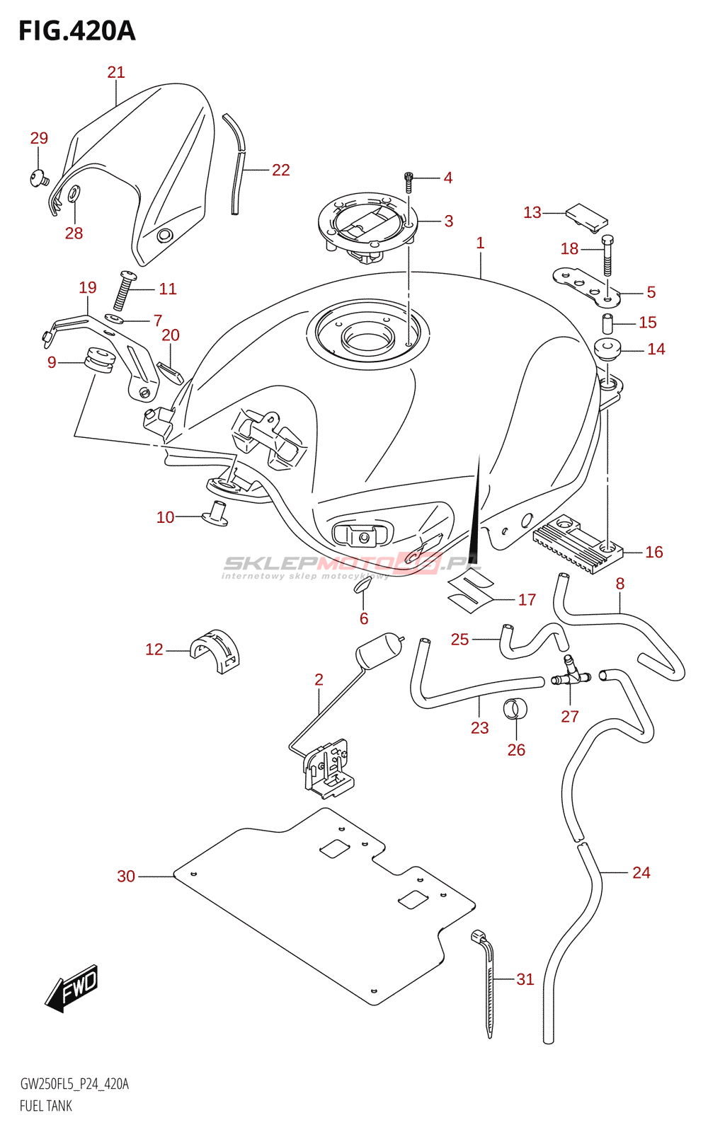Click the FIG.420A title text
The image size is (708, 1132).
click(x=76, y=31)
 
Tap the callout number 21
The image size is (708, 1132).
click(x=116, y=72)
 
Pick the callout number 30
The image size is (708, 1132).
click(x=126, y=876)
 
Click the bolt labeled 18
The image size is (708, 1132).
click(x=607, y=255)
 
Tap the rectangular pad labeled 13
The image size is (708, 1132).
click(x=587, y=216)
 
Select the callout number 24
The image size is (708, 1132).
click(x=641, y=872)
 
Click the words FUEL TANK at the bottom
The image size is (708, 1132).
click(x=46, y=1106)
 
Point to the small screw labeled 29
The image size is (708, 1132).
click(x=38, y=178)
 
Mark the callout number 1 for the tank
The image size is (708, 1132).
click(x=480, y=243)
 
